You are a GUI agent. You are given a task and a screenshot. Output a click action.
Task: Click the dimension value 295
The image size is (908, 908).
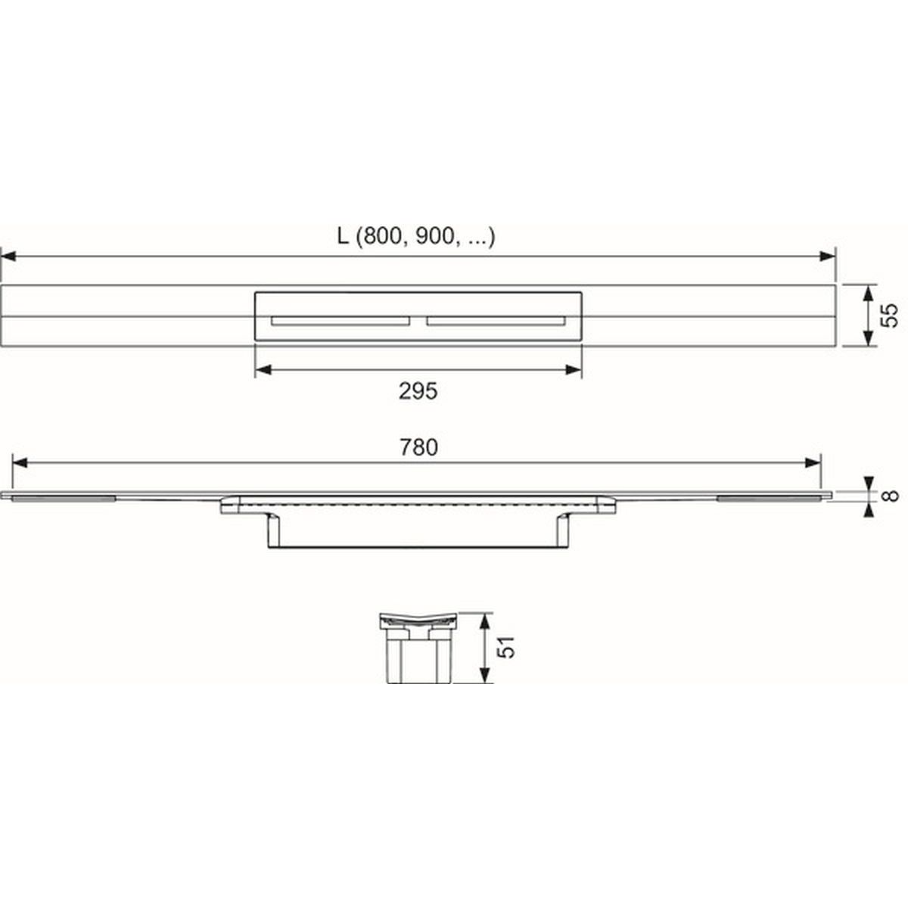coord(418,391)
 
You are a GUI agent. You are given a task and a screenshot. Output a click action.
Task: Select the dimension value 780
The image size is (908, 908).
coord(419,447)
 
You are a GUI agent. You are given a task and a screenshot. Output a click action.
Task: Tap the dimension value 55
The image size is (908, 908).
coord(889,316)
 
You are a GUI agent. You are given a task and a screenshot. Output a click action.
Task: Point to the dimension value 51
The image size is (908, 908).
coord(506,648)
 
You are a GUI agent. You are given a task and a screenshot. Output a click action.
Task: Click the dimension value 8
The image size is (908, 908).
coord(889,496)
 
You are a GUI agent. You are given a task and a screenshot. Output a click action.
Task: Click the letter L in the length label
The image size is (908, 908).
coord(343,237)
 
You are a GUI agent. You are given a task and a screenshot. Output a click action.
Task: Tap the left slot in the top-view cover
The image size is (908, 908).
coord(340,321)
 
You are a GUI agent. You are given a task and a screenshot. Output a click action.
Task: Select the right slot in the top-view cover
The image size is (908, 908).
coord(496,321)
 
